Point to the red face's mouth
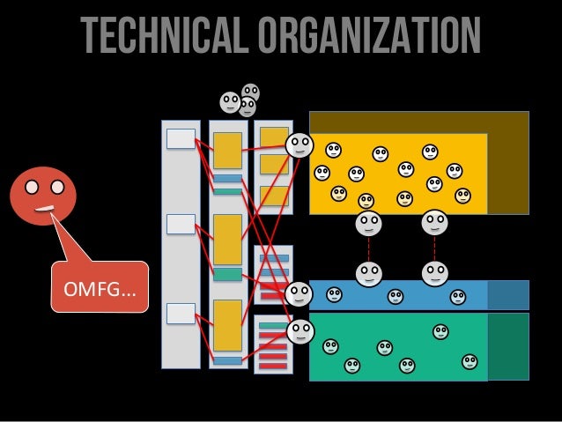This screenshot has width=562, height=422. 43,209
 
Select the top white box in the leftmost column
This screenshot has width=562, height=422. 181,138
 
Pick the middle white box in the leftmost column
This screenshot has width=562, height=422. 181,224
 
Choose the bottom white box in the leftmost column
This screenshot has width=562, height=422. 181,312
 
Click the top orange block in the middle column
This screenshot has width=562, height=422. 228,151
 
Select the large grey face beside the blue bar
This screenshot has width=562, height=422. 299,294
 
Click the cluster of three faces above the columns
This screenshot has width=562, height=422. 240,101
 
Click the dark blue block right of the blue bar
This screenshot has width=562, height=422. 507,295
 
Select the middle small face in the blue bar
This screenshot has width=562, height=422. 396,297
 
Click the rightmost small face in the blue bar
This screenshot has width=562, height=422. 457,297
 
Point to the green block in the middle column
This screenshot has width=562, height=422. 228,274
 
